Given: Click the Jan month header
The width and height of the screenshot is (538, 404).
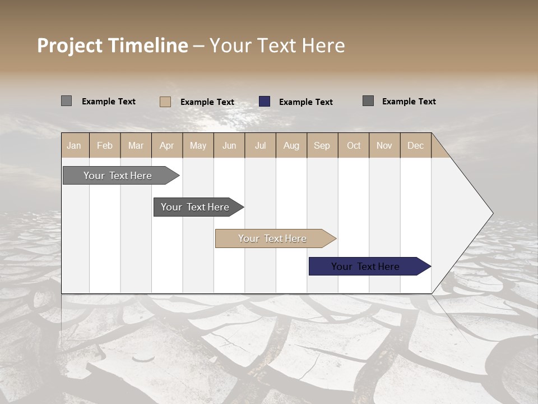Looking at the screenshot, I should pos(74,145).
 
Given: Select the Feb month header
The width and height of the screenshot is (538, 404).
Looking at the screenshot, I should pos(105,145).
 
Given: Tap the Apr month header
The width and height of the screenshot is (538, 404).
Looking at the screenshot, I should pos(166,145).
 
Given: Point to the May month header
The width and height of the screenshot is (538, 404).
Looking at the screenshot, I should pos(198,145).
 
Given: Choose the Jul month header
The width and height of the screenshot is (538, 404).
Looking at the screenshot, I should pos(260,145).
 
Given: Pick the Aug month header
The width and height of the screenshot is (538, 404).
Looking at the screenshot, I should pos(291,145).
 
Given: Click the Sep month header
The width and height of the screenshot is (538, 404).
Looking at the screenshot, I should pos(322,145).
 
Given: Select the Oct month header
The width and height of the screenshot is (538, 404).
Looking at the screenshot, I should pos(354,145).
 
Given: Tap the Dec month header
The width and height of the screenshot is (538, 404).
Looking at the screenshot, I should pos(415,145).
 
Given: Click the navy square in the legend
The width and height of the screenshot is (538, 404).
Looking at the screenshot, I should pos(265,102).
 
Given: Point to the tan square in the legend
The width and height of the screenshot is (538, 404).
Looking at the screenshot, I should pos(165,102).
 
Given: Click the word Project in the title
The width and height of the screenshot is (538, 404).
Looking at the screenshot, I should pos(69,45).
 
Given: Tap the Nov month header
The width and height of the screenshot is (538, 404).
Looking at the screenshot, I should pos(384,145).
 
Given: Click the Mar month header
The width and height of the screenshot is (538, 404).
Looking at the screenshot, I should pos(136,145).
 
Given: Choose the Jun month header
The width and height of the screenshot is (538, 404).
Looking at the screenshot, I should pos(229,145).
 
